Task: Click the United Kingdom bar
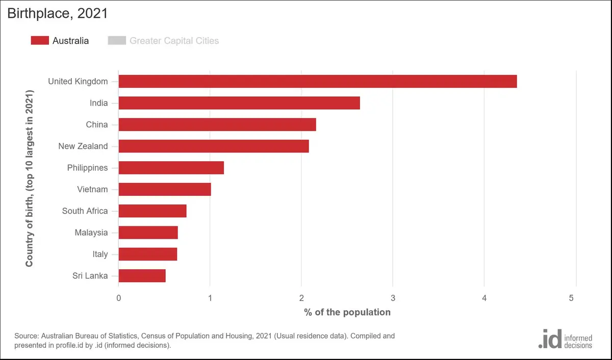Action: [318, 82]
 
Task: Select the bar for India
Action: [239, 103]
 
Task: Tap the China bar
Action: [217, 124]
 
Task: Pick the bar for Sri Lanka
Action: [142, 275]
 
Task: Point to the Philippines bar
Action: [171, 168]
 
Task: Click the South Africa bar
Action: [152, 211]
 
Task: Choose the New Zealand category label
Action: [83, 146]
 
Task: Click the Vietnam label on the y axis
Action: [92, 189]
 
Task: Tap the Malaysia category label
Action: [91, 233]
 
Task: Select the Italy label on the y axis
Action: [100, 254]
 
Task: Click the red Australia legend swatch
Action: [40, 40]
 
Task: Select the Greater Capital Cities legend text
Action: [174, 41]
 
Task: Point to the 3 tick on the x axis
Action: [393, 298]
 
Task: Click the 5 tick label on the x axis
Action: [571, 298]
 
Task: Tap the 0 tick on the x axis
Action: [118, 298]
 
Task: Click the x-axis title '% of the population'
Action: [347, 312]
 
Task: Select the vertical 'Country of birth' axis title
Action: [29, 178]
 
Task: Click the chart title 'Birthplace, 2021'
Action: [58, 13]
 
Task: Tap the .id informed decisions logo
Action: [565, 339]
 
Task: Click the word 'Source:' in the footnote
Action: [27, 336]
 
